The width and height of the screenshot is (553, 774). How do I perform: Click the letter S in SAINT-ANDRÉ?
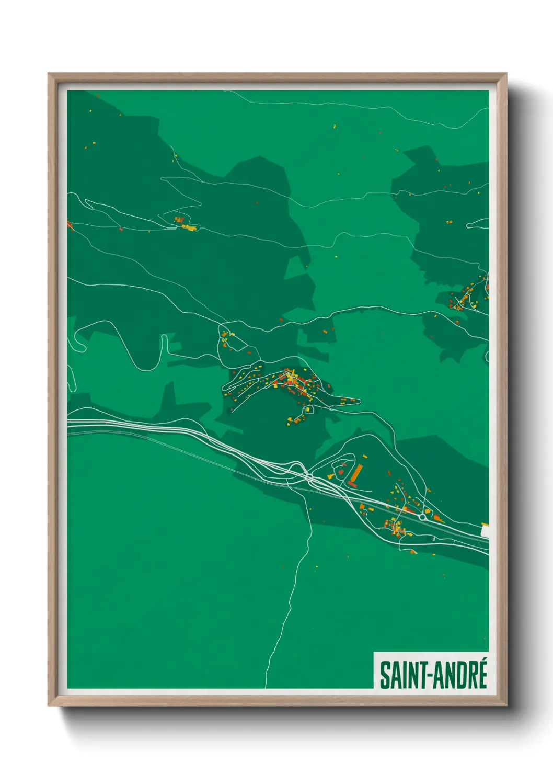pyautogui.click(x=385, y=675)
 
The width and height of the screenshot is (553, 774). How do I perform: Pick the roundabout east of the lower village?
pyautogui.click(x=422, y=517)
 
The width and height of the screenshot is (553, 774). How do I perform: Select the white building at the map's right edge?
pyautogui.click(x=485, y=530)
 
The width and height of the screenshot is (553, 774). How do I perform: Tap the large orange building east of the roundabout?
pyautogui.click(x=437, y=518)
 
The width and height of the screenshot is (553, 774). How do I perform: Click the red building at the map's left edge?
pyautogui.click(x=70, y=224)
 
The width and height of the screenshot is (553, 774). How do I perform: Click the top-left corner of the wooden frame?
pyautogui.click(x=50, y=75)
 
